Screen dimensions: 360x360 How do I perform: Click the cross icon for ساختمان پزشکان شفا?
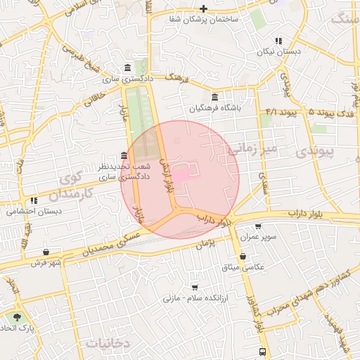point(203,8)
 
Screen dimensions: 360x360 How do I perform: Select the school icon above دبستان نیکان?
point(278,41)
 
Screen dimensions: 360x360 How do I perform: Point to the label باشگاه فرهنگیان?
point(214,109)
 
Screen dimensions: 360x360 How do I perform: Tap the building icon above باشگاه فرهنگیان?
point(214,97)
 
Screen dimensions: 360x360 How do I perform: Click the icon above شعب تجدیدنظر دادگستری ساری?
point(124,155)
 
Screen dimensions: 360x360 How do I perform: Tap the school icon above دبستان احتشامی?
point(34,200)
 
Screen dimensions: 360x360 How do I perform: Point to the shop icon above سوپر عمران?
point(258,226)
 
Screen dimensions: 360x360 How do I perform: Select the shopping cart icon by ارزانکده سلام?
point(195,288)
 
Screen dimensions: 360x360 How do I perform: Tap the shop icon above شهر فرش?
point(46,251)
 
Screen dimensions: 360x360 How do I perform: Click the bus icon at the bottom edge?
point(262,352)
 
